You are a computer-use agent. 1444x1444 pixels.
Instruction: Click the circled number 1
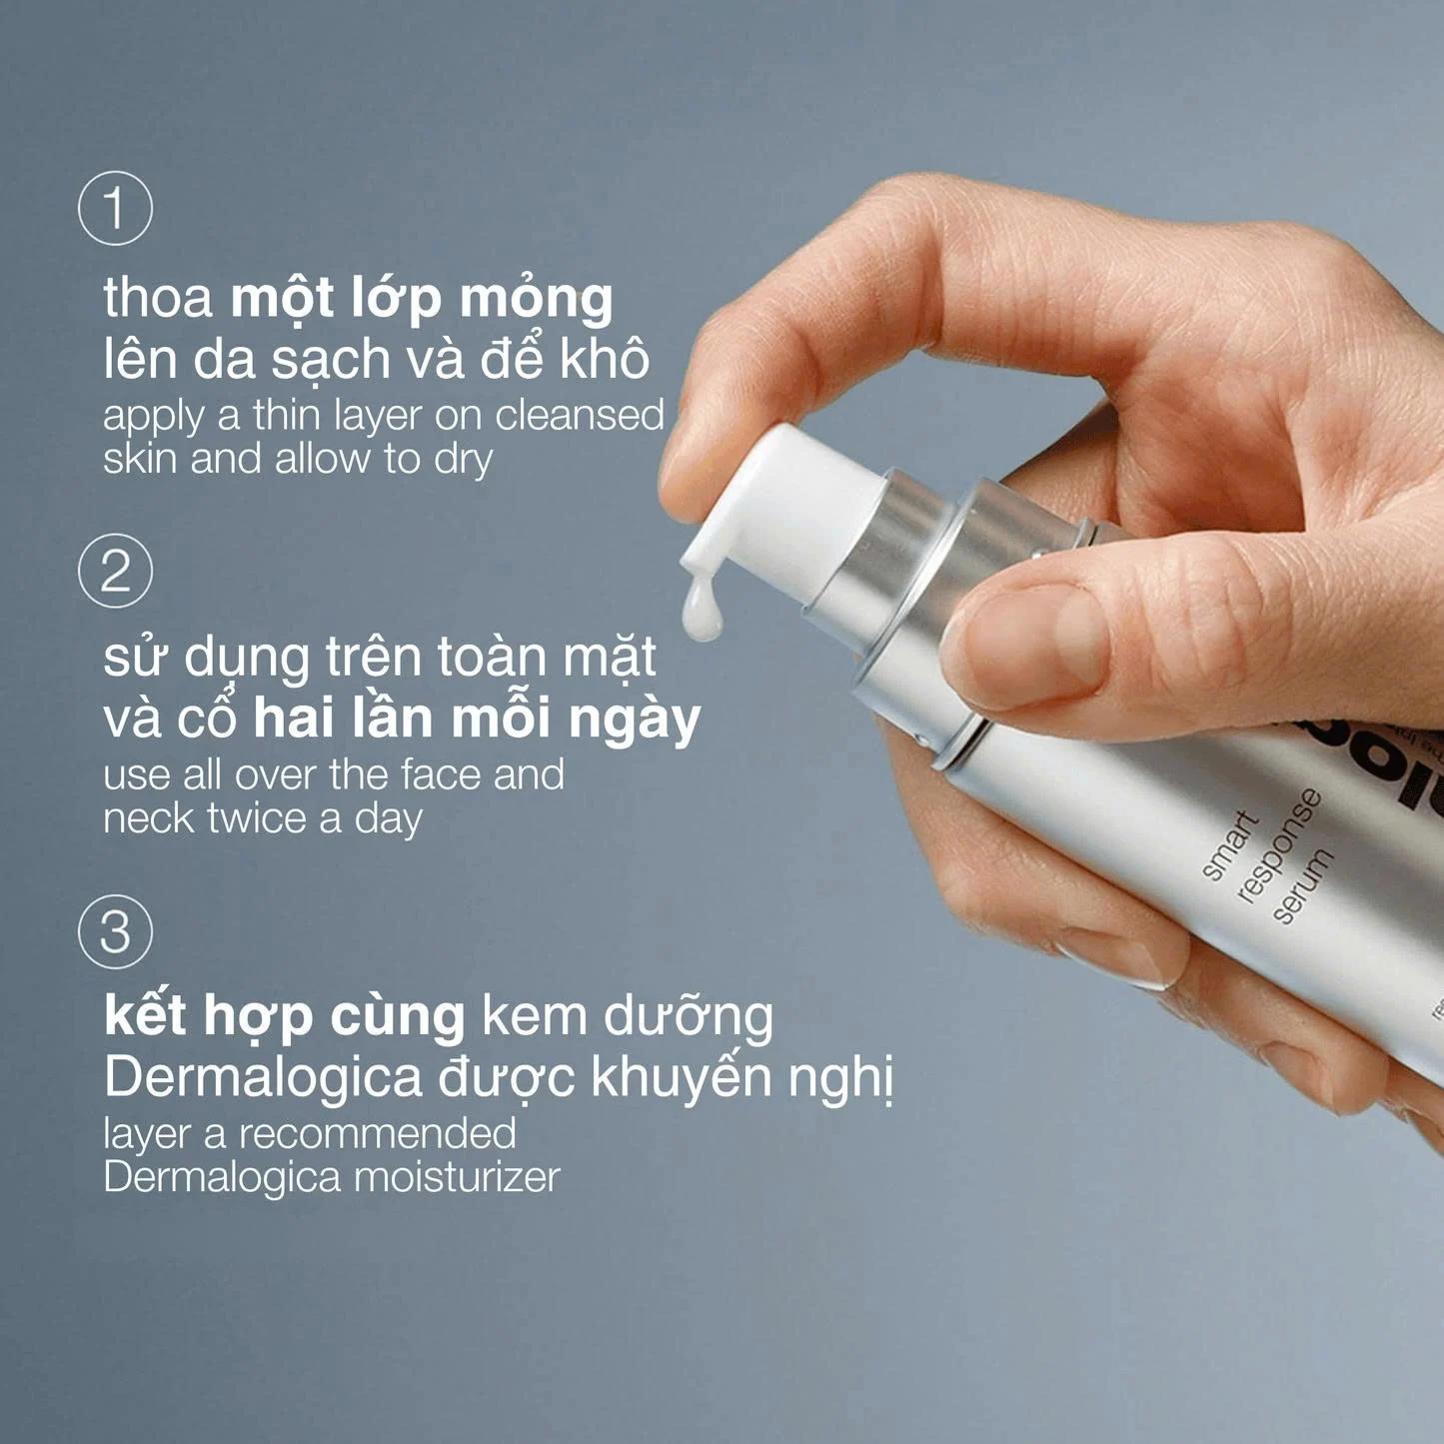point(115,209)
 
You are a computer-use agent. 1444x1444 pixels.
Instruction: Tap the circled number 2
point(115,571)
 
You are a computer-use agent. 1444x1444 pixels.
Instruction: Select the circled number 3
point(115,931)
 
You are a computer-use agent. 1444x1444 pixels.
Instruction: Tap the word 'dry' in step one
point(463,461)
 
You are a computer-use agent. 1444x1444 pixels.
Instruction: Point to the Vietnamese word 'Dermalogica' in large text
point(263,1077)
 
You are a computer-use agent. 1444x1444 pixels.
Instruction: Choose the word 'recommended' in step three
point(377,1134)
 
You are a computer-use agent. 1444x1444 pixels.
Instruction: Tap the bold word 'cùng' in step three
point(397,1017)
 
